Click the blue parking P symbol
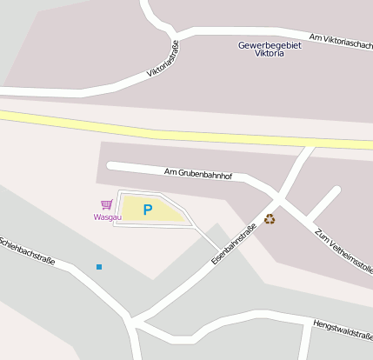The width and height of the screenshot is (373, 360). (147, 210)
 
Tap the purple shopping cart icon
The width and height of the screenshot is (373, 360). (106, 204)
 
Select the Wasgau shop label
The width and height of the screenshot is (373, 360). (107, 217)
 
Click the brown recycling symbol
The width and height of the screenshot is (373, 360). (270, 219)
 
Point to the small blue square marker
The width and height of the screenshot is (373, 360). (99, 266)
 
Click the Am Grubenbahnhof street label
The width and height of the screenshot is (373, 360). (198, 175)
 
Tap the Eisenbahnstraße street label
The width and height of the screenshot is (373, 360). (233, 245)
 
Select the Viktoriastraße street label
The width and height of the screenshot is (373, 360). (163, 59)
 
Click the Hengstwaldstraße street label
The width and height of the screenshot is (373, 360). (342, 329)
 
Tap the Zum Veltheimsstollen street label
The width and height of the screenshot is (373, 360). (343, 253)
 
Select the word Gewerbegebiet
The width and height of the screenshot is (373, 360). (270, 44)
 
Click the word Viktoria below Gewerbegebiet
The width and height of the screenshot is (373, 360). (269, 54)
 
